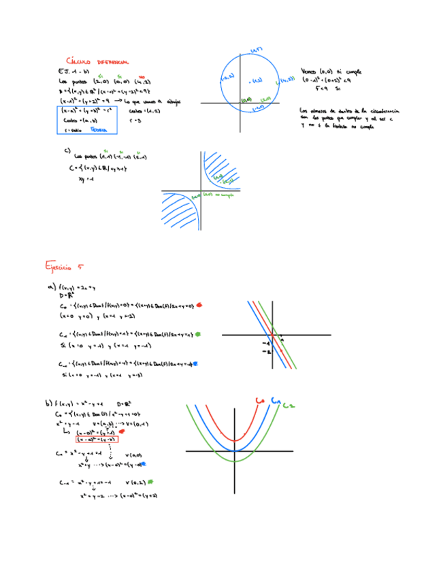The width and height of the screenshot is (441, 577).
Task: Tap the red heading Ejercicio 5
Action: [x=63, y=265]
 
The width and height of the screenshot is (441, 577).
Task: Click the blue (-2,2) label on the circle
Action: [x=228, y=79]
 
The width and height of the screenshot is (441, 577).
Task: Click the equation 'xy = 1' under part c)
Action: [x=85, y=180]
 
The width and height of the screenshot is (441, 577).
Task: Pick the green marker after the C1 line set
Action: [x=198, y=334]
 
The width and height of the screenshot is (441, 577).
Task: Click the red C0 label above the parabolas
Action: [x=259, y=401]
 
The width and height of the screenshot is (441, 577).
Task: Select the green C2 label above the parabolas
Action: [x=289, y=405]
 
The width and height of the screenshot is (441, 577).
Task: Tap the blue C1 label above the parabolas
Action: [x=276, y=401]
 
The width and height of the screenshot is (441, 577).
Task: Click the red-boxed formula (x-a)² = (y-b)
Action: [x=97, y=439]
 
